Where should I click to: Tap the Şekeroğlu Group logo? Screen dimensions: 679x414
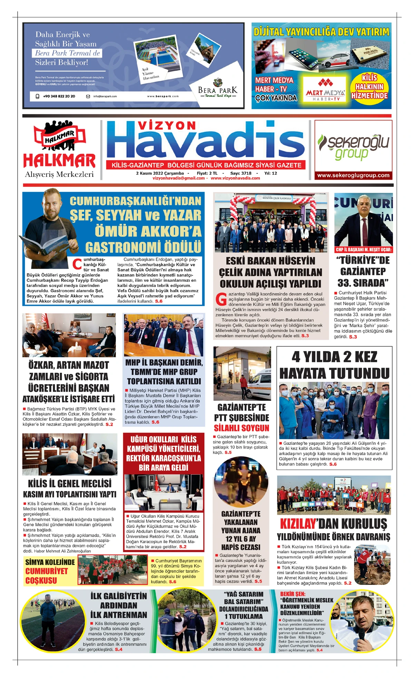click(x=353, y=146)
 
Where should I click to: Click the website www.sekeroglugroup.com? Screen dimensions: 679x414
click(x=353, y=175)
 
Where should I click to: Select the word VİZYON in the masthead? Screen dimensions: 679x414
click(x=167, y=126)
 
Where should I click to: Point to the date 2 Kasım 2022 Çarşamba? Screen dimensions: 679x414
click(x=160, y=173)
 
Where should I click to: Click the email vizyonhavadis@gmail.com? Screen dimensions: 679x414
click(x=179, y=178)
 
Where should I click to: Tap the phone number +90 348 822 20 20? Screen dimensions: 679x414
click(x=59, y=96)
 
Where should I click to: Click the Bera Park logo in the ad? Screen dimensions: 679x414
click(x=218, y=88)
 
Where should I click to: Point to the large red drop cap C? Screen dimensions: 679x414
click(x=78, y=264)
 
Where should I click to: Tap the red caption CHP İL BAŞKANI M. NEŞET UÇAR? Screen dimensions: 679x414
click(x=363, y=250)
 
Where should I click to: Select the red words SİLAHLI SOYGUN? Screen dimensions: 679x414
click(x=241, y=428)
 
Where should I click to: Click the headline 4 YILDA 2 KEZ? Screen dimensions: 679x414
click(x=334, y=357)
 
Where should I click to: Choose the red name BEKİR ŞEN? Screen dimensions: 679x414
click(x=293, y=594)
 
